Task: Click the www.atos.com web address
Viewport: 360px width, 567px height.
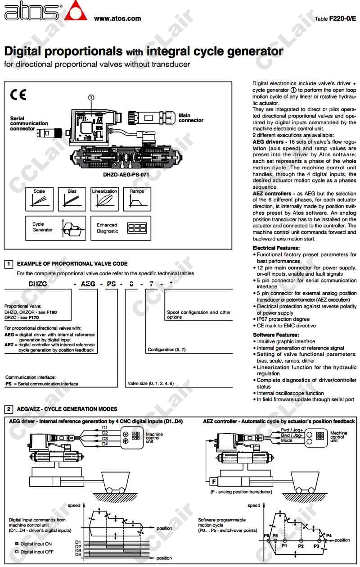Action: pos(117,18)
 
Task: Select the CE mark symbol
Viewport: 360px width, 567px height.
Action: pos(18,95)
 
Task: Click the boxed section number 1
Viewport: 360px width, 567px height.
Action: pos(9,264)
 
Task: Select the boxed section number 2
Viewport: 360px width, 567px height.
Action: pos(9,409)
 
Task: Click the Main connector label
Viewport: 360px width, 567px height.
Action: pos(191,118)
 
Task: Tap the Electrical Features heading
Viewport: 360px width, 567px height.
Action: pos(276,248)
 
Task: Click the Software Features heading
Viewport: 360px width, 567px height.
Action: pos(275,335)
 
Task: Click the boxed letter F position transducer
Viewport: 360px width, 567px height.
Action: pos(213,482)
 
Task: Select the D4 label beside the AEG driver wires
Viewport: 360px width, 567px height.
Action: pos(105,444)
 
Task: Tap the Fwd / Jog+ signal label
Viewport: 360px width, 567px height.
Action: pos(291,430)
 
